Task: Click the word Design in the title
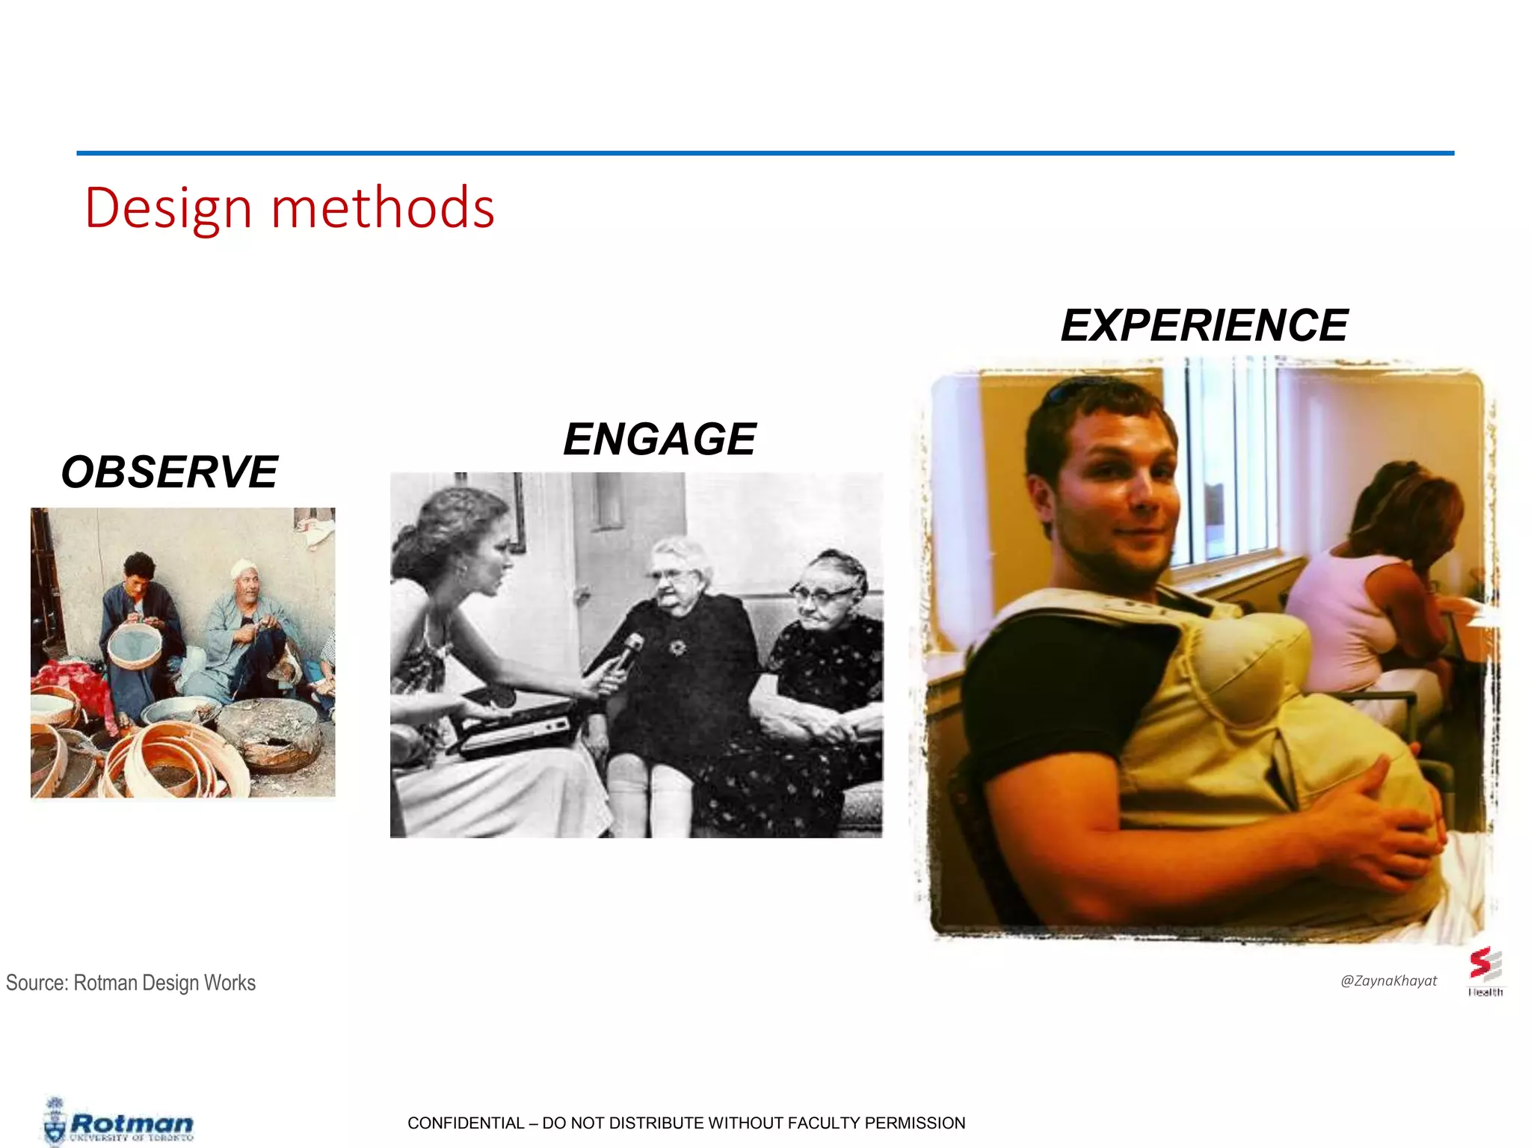[168, 208]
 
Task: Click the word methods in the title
[383, 208]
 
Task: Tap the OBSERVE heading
[169, 472]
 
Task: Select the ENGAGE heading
[659, 439]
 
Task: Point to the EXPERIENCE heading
[1204, 326]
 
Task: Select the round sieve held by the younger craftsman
[135, 645]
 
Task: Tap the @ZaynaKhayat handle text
[1388, 981]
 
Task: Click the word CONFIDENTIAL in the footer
[466, 1123]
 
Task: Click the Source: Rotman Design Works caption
[131, 983]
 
